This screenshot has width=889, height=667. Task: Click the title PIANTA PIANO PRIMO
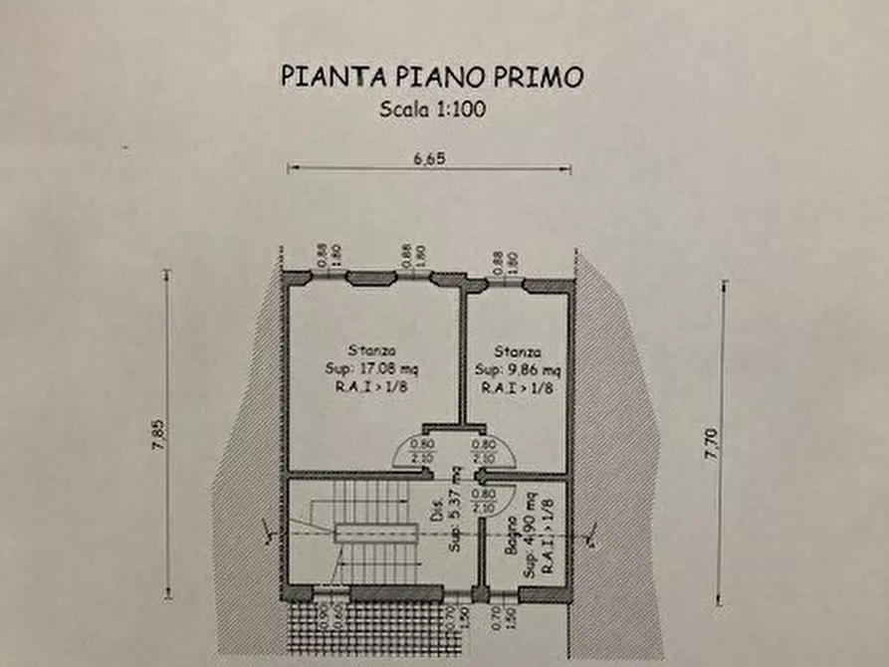(x=431, y=77)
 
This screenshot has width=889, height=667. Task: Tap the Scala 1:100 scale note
(x=432, y=111)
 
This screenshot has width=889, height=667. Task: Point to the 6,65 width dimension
(x=429, y=157)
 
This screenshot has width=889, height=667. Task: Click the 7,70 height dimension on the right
(x=711, y=442)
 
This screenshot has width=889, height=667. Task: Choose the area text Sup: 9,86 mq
(x=517, y=369)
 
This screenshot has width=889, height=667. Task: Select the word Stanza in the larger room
(x=372, y=350)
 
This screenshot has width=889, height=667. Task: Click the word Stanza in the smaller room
(x=518, y=351)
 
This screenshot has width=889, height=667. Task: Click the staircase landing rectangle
(x=373, y=533)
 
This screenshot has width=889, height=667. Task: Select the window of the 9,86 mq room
(x=505, y=284)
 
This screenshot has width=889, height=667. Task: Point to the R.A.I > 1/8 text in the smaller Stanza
(x=517, y=387)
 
